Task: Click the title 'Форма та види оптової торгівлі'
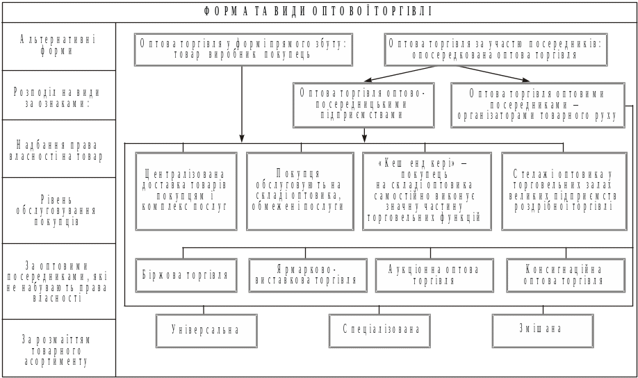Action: tap(319, 11)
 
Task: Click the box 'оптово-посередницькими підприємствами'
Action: tap(363, 104)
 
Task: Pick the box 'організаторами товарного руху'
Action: tap(535, 104)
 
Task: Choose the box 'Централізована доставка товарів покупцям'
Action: tap(186, 190)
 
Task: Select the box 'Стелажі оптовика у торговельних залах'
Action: tap(565, 190)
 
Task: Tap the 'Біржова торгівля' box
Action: tap(186, 274)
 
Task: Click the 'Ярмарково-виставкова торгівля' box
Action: tap(306, 274)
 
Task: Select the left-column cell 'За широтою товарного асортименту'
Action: tap(59, 349)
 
